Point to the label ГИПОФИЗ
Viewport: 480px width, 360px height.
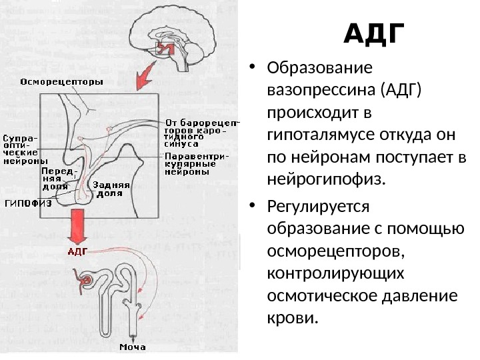point(28,204)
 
